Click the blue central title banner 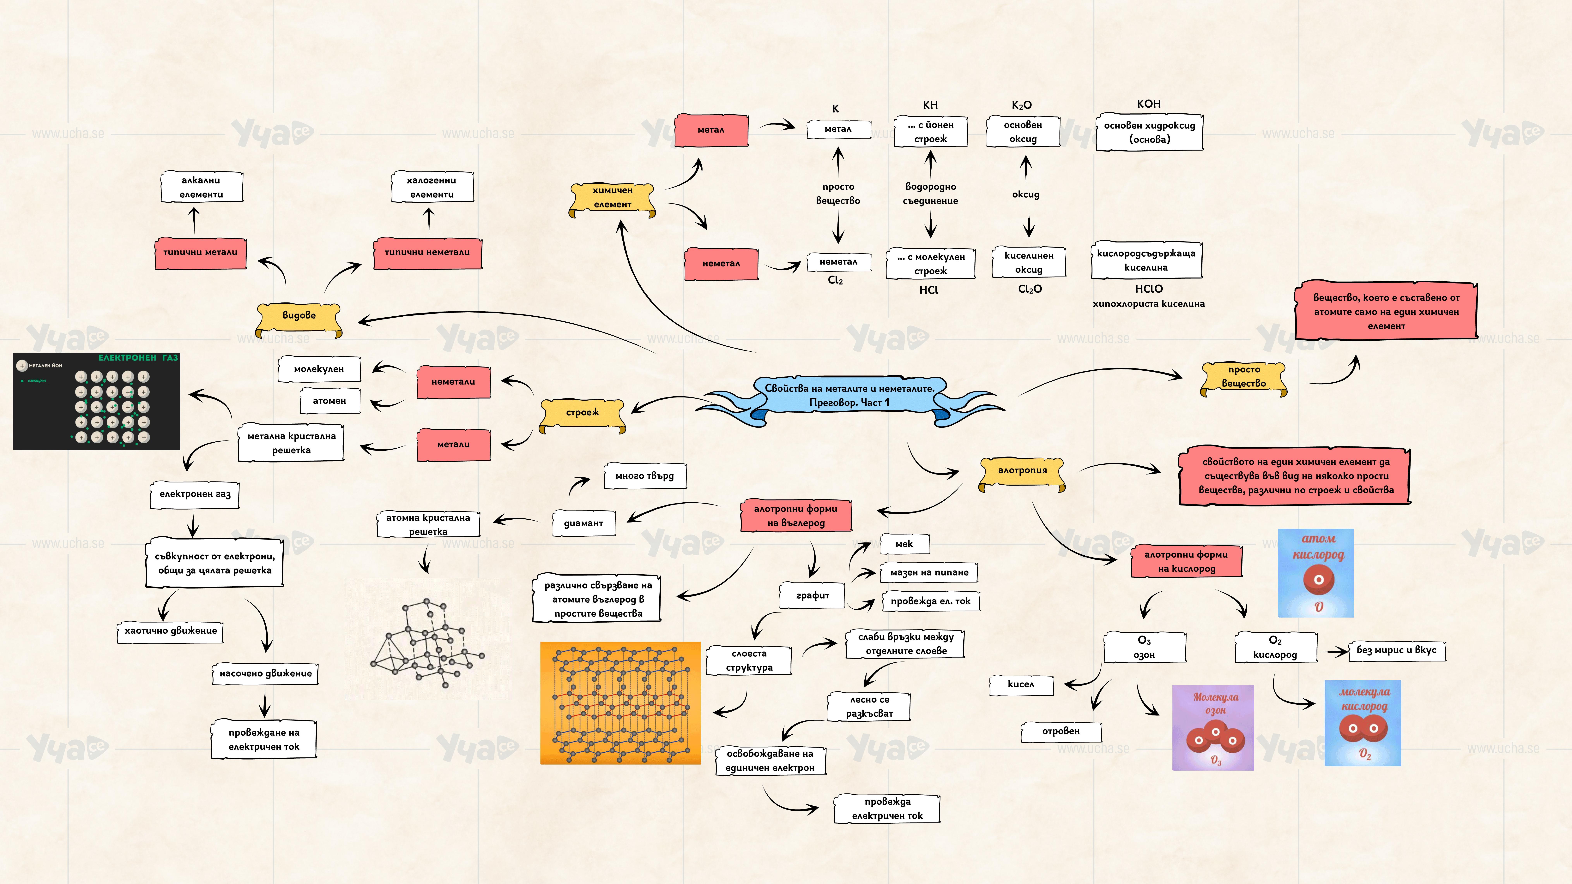(x=849, y=395)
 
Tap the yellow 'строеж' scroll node (x=583, y=413)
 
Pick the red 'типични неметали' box (x=427, y=253)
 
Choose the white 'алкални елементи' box (x=201, y=187)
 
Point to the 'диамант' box (x=583, y=523)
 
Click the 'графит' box (x=812, y=595)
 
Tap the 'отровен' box (x=1061, y=732)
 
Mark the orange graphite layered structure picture (x=620, y=703)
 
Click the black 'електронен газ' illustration (x=96, y=401)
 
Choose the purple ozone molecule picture (x=1212, y=727)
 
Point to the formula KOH (x=1148, y=104)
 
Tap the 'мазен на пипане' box (x=929, y=573)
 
